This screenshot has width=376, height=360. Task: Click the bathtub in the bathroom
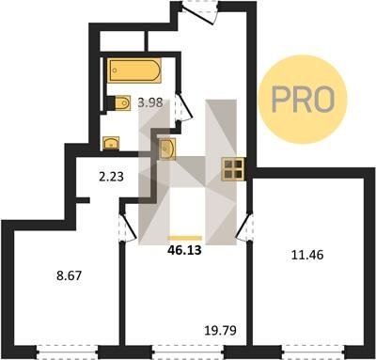134,70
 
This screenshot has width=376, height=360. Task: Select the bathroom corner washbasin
111,144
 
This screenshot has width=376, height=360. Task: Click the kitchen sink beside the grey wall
167,149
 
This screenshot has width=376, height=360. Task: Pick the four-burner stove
233,169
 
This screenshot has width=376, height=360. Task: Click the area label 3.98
150,102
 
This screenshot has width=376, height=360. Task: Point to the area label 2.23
111,177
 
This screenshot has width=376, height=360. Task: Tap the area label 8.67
69,275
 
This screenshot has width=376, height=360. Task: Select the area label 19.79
220,330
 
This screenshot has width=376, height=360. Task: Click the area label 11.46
307,255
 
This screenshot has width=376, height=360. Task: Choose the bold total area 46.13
184,250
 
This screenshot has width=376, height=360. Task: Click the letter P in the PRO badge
282,100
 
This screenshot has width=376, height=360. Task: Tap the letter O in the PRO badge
323,100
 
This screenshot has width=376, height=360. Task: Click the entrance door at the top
200,11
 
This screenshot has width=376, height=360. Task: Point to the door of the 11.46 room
244,227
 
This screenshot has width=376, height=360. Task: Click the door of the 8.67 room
128,227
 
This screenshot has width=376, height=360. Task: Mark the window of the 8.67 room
67,352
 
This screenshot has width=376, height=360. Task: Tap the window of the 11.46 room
313,352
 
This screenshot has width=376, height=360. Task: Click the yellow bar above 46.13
185,238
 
